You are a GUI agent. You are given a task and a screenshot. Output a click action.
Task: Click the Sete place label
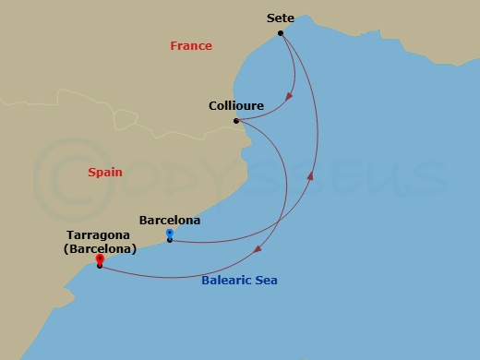click(281, 18)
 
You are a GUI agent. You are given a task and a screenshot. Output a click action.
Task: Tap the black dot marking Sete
click(281, 34)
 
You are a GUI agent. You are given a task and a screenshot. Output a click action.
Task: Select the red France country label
click(191, 46)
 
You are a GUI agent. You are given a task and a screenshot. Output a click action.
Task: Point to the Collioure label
click(236, 106)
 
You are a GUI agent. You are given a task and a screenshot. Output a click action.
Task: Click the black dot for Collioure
click(236, 121)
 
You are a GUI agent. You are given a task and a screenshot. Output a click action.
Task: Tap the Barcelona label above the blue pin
click(169, 221)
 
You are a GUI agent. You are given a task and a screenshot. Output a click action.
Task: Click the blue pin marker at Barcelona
click(170, 234)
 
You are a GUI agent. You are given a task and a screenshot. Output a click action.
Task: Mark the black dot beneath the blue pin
click(170, 241)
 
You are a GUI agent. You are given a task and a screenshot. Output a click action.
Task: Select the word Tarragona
click(101, 235)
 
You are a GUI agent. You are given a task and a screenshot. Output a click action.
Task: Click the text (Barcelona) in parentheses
click(101, 248)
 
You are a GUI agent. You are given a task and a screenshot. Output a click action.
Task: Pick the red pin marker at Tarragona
click(99, 259)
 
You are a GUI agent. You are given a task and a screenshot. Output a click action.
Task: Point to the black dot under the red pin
click(99, 267)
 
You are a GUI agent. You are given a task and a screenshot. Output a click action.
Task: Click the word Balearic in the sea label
click(227, 281)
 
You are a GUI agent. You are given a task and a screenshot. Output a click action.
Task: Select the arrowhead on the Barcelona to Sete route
click(311, 174)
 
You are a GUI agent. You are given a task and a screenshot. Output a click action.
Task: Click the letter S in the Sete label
click(270, 18)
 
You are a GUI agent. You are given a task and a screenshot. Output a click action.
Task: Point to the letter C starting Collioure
click(213, 106)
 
